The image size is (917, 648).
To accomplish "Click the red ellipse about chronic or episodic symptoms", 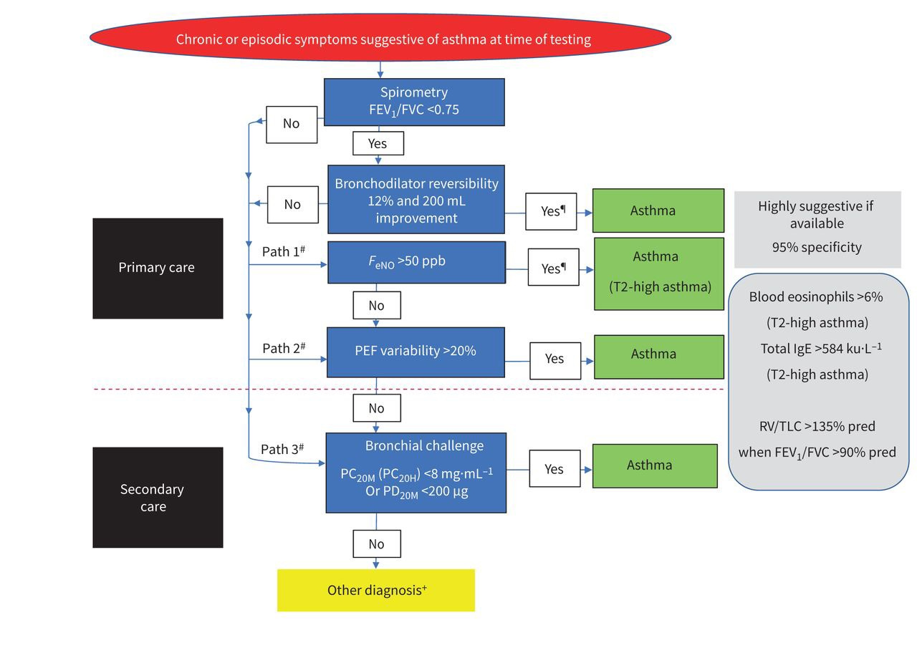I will (380, 38).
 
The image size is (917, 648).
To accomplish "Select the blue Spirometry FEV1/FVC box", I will (414, 102).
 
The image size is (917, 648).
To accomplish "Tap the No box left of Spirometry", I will (291, 124).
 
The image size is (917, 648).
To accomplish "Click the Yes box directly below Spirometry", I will (378, 143).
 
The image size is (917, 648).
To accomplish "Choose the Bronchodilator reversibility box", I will (416, 200).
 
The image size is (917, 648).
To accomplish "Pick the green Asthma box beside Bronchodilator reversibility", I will (658, 211).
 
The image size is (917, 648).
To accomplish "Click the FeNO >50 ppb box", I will (416, 262).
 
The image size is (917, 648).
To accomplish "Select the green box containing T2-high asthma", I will (658, 274).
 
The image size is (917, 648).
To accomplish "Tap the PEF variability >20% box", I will (416, 352).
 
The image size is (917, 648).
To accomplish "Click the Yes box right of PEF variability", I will (554, 359).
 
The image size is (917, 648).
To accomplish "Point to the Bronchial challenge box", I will (416, 473).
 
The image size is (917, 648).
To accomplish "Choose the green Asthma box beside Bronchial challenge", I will (654, 466).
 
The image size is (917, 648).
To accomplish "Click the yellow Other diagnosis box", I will (376, 591).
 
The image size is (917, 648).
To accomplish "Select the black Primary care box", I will (158, 269).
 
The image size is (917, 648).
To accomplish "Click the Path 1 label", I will (284, 252).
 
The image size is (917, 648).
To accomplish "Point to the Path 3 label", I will (282, 450).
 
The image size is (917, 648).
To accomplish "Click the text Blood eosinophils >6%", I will (815, 296).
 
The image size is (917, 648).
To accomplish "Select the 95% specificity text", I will (817, 248).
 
